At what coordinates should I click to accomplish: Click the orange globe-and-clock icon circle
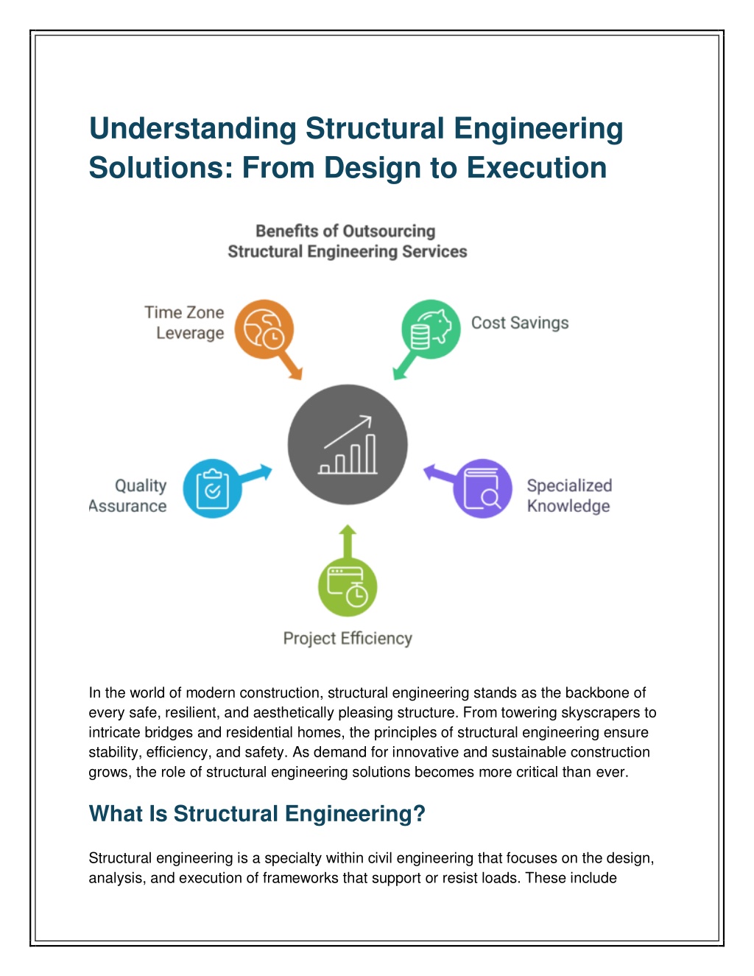click(264, 329)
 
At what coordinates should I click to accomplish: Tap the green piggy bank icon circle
click(431, 329)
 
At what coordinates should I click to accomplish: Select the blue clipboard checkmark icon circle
click(212, 488)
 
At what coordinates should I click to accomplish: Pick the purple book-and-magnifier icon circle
click(482, 488)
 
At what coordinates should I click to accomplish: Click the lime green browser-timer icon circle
click(348, 587)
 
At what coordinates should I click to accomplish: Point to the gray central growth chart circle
click(348, 444)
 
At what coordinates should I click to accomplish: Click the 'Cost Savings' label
click(520, 323)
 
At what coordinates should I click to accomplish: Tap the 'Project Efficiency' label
click(348, 638)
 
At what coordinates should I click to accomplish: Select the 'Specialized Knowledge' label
click(569, 496)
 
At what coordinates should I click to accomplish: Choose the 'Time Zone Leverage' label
click(185, 323)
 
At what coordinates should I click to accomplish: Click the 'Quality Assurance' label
click(128, 496)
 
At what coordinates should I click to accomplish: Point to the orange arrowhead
click(296, 373)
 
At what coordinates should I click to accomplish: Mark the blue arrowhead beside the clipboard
click(266, 471)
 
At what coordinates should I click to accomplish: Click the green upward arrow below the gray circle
click(348, 541)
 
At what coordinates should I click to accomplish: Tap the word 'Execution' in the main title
click(536, 167)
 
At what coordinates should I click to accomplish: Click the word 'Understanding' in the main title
click(192, 129)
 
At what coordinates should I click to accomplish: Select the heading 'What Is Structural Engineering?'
click(257, 813)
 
